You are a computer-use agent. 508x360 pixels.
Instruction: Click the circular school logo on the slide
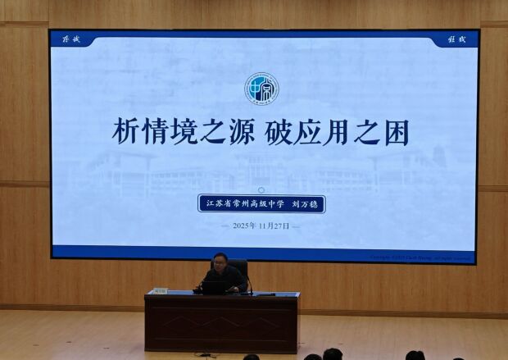[x=261, y=89]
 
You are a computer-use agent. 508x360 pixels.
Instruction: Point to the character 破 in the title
[x=281, y=133]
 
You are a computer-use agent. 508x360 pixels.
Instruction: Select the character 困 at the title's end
[x=394, y=133]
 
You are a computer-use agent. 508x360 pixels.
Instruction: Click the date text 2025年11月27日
[x=261, y=226]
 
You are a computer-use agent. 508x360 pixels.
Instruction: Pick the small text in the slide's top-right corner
[x=456, y=39]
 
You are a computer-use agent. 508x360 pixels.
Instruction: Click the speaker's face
[x=220, y=264]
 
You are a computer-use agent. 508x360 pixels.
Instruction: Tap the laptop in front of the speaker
[x=215, y=287]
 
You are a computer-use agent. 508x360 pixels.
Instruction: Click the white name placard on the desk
[x=159, y=290]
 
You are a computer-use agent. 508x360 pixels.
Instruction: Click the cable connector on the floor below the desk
[x=205, y=354]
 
